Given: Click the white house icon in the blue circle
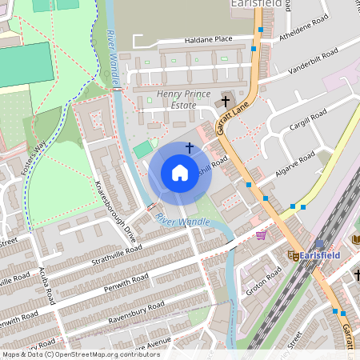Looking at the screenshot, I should pos(180,173).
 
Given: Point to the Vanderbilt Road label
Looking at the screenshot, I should pos(315,66).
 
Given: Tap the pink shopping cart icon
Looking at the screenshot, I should pos(261,235).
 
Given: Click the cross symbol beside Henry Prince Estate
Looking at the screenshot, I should pos(226,102).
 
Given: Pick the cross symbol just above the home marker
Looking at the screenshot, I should pos(190,147).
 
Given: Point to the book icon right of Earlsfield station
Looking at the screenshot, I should pos(354,239).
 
